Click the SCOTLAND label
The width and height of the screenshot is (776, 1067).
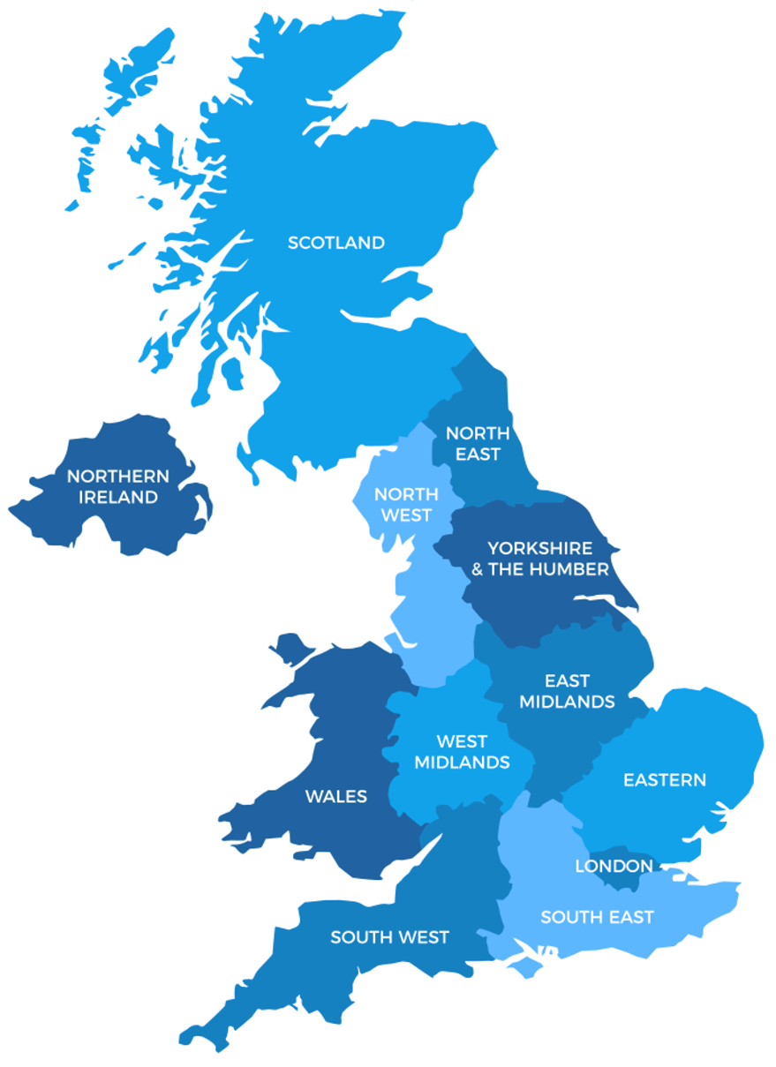336,243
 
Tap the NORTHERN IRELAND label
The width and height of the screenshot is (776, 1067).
118,487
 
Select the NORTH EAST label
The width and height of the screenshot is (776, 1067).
478,444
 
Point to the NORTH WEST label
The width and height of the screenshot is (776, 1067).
406,504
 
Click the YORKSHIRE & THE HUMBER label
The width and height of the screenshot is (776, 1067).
540,559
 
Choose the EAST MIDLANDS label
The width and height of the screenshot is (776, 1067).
567,691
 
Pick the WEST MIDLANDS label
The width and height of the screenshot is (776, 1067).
462,752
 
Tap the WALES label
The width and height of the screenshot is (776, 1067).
336,796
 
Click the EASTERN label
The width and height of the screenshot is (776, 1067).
665,780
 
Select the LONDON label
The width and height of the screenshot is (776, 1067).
614,866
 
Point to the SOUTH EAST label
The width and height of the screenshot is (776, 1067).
597,918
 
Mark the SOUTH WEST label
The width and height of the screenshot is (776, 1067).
389,937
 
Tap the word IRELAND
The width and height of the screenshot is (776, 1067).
118,498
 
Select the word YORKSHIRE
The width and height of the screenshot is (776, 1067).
540,548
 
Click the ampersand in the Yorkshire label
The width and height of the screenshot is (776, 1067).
477,569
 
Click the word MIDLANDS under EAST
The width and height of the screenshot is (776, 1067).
567,702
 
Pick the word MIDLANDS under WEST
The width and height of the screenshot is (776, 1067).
462,763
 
